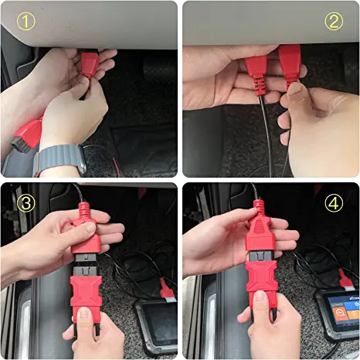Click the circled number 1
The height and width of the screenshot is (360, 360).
coord(25,22)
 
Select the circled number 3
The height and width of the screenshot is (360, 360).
coord(25,203)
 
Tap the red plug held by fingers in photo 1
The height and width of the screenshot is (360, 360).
coord(90,63)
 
